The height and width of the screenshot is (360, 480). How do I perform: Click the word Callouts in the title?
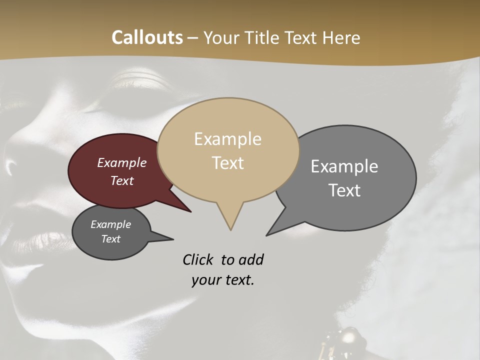(147, 37)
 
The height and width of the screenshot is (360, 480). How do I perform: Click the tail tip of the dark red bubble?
(190, 211)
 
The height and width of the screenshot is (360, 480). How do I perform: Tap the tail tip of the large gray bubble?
(267, 234)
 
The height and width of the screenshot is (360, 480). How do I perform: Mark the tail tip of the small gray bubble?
(173, 239)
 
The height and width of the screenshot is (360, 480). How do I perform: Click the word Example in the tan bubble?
(228, 139)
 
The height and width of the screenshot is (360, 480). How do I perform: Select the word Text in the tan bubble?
(228, 163)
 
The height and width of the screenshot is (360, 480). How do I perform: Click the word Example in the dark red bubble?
(122, 162)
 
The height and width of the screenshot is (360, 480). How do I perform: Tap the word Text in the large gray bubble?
(345, 190)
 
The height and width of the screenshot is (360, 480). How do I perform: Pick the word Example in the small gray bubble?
(110, 224)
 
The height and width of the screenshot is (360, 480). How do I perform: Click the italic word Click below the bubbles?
(198, 259)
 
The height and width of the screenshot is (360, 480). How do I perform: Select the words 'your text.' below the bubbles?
(223, 280)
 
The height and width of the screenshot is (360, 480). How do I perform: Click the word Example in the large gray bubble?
(344, 166)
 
